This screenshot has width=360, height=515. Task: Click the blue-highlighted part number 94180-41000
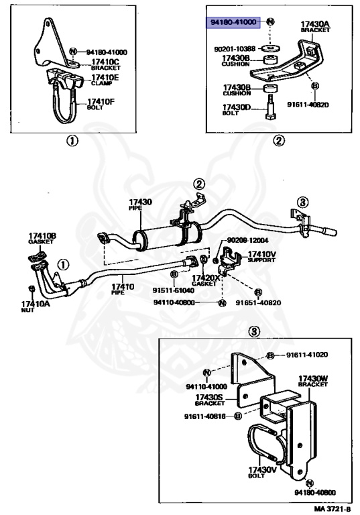tap(233, 22)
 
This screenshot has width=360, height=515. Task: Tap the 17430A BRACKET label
tap(312, 27)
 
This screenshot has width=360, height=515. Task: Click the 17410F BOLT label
tap(101, 104)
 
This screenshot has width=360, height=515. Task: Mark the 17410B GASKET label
tap(42, 238)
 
